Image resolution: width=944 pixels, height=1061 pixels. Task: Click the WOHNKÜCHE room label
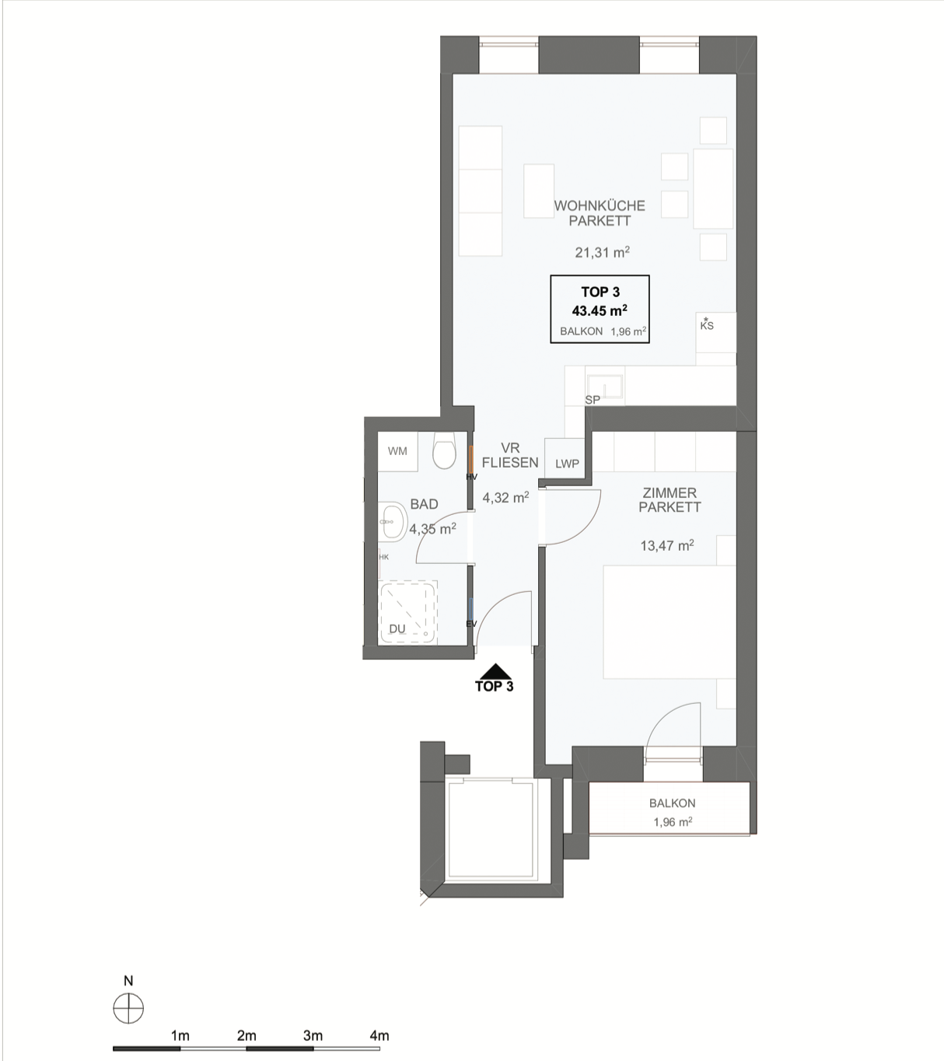pyautogui.click(x=600, y=205)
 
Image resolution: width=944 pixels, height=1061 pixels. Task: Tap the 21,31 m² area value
pyautogui.click(x=602, y=253)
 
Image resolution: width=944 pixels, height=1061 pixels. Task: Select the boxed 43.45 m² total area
pyautogui.click(x=600, y=310)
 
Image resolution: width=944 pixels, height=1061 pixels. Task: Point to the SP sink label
pyautogui.click(x=593, y=400)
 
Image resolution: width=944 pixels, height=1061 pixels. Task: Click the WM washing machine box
pyautogui.click(x=397, y=451)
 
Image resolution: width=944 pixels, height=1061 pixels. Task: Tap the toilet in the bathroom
pyautogui.click(x=444, y=450)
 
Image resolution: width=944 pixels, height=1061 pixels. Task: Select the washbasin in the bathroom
pyautogui.click(x=392, y=522)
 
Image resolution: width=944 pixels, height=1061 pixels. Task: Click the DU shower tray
pyautogui.click(x=408, y=611)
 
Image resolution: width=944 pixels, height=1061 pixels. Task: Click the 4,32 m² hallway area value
pyautogui.click(x=505, y=497)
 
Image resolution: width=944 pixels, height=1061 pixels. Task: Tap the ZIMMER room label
pyautogui.click(x=670, y=493)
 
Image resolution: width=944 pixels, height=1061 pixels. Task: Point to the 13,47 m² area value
pyautogui.click(x=667, y=546)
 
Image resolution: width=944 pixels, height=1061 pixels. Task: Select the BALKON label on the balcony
pyautogui.click(x=673, y=803)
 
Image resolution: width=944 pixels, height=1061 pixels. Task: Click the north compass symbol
pyautogui.click(x=128, y=1008)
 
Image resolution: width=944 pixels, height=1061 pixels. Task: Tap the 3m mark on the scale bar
pyautogui.click(x=313, y=1035)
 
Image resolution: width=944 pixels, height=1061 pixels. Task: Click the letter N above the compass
pyautogui.click(x=128, y=981)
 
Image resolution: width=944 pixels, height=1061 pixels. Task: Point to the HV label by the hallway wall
pyautogui.click(x=472, y=477)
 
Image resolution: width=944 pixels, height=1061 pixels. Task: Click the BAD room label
pyautogui.click(x=424, y=504)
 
